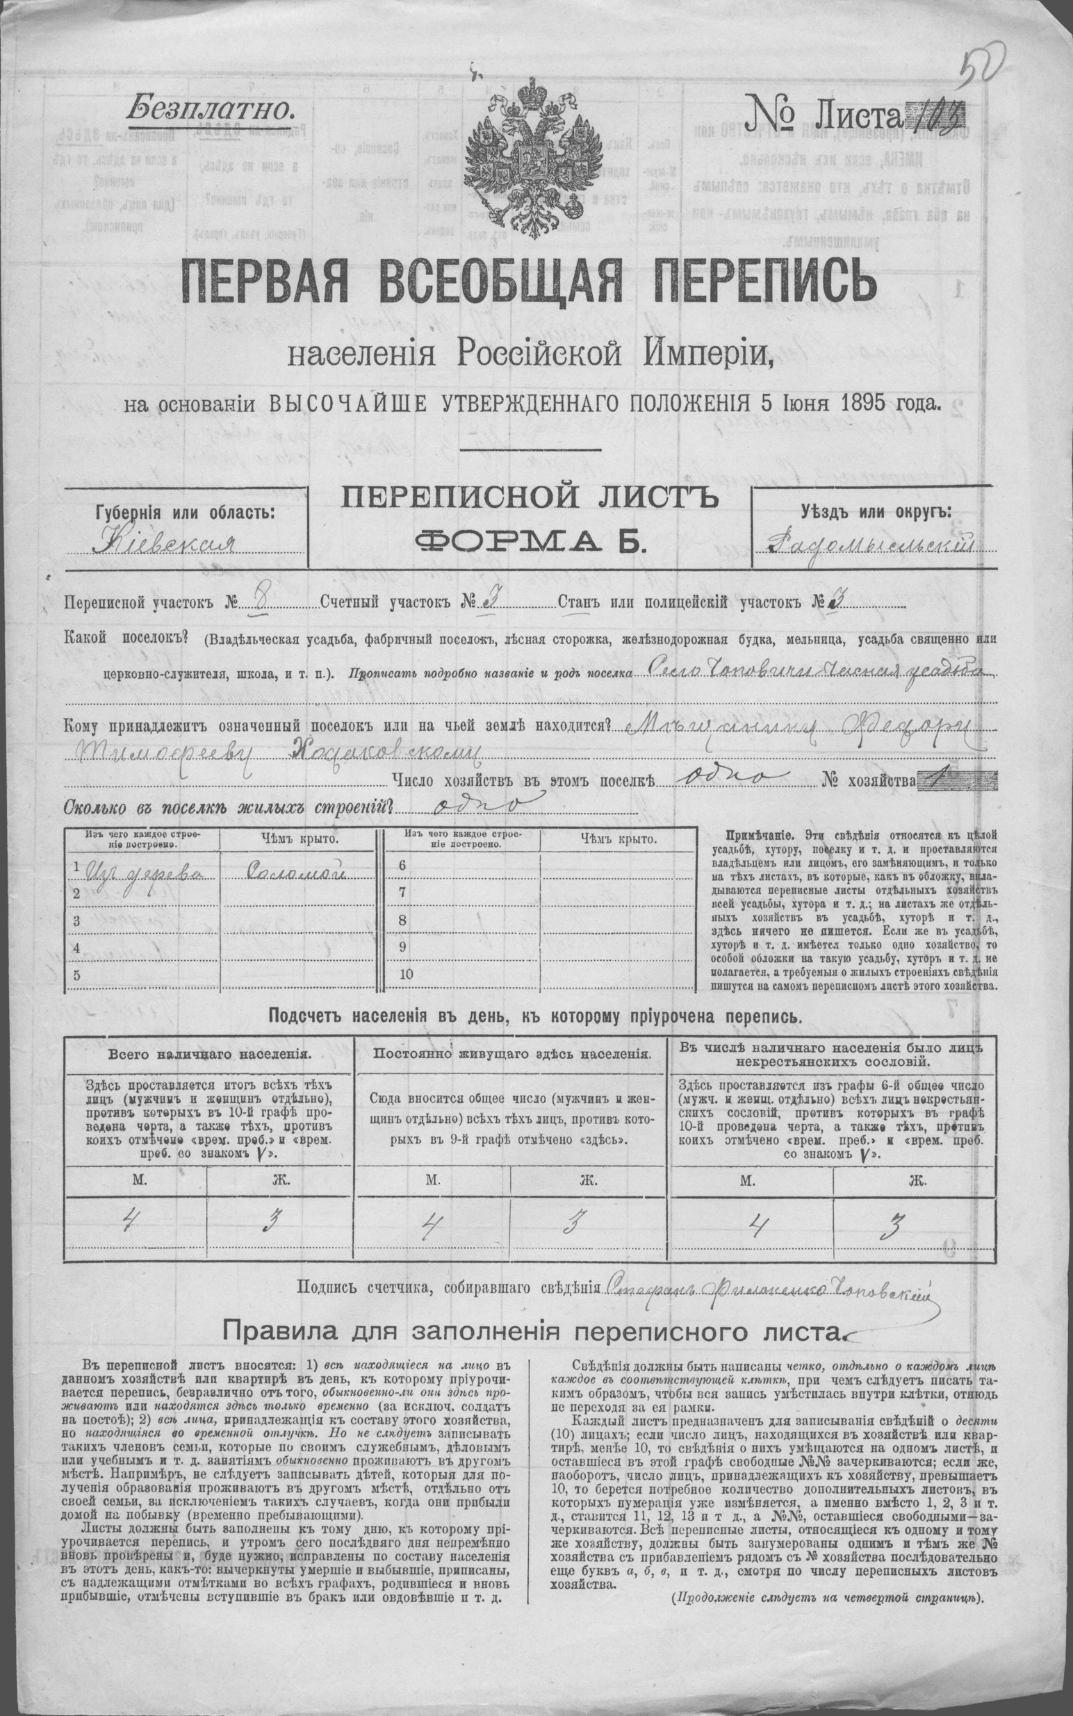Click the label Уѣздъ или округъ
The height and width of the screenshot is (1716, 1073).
click(875, 511)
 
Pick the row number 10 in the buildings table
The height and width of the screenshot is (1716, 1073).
click(406, 973)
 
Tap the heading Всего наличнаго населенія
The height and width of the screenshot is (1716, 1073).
click(207, 1053)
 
